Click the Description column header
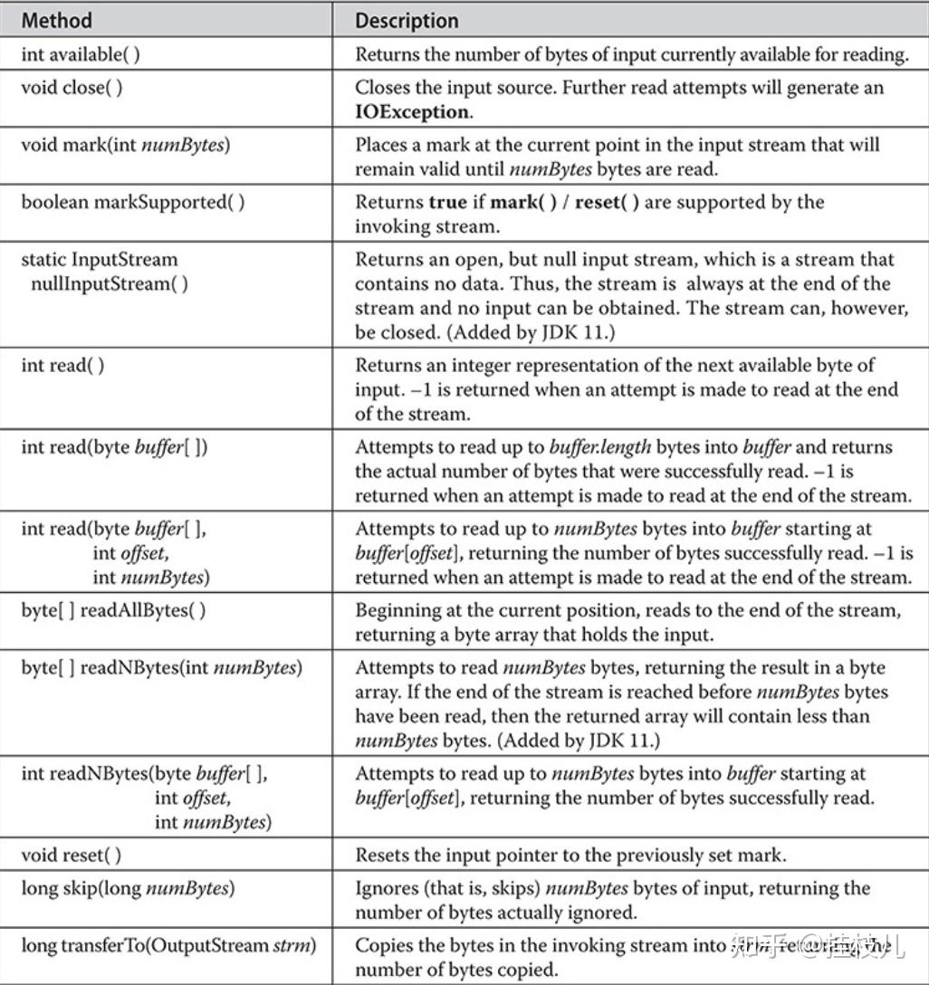point(407,20)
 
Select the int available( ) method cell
point(81,54)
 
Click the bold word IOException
point(412,111)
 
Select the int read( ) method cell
point(62,366)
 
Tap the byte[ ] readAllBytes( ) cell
point(114,610)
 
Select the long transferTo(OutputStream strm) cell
point(169,946)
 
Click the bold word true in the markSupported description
point(447,202)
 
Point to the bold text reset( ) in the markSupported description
point(604,202)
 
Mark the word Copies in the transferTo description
point(383,946)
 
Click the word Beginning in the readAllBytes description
point(396,610)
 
